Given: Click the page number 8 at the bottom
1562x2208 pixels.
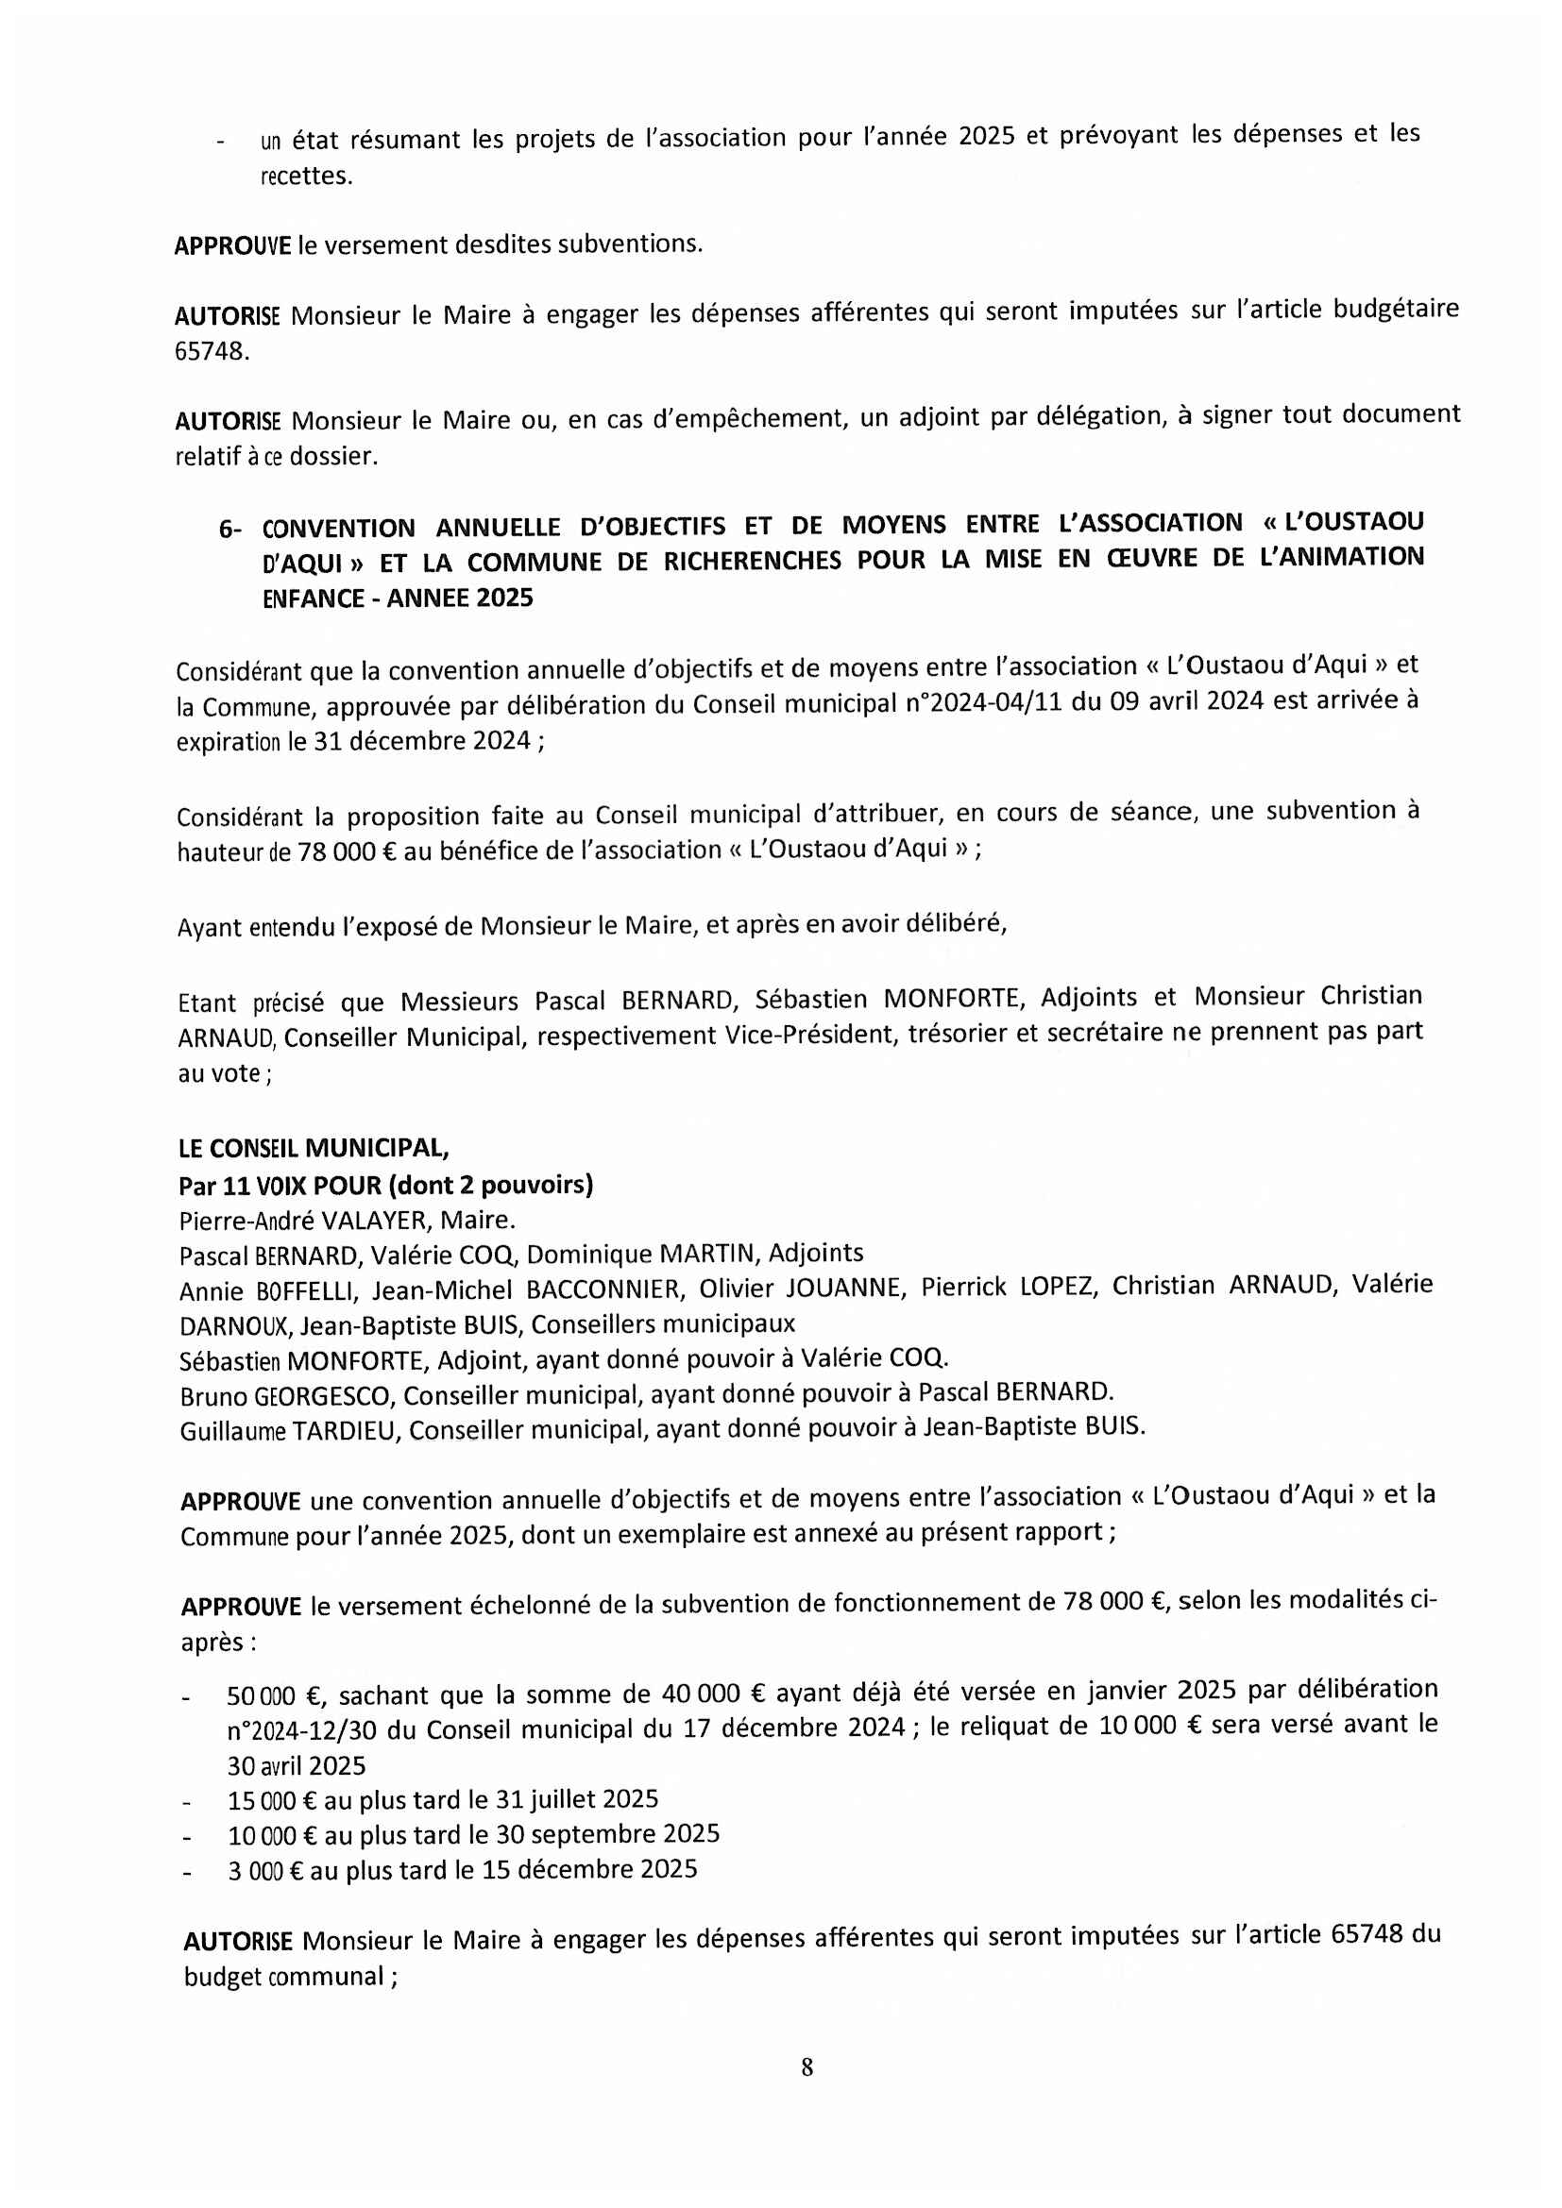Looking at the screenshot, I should point(806,2066).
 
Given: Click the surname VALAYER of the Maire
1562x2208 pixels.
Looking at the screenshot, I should point(376,1222).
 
